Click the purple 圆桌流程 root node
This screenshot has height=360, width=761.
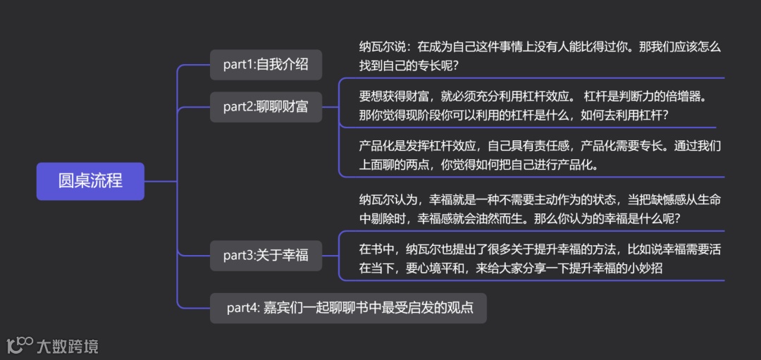tap(90, 181)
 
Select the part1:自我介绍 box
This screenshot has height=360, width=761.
tap(266, 65)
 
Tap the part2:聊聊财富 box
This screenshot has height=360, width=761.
tap(266, 107)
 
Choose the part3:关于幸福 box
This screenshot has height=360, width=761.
tap(266, 255)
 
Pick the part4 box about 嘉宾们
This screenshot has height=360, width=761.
tap(349, 308)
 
